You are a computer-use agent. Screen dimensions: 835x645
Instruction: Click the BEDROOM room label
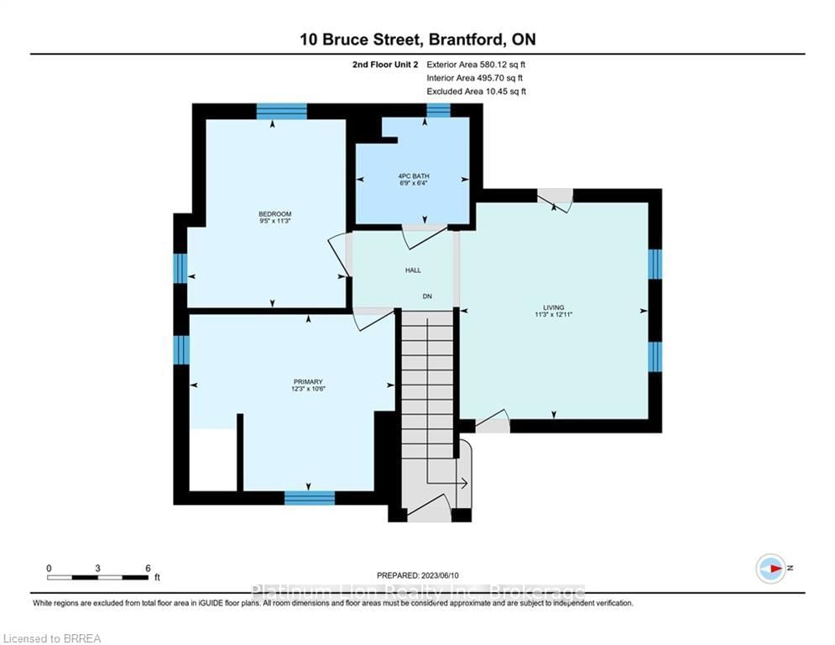point(274,214)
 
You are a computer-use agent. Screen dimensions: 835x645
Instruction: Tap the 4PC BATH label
point(413,176)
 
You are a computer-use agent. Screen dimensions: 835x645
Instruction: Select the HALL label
point(413,270)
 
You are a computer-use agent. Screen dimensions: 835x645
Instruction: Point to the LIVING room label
point(553,307)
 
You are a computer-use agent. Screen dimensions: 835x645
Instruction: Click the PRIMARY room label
point(308,381)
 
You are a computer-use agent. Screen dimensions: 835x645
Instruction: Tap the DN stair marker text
point(427,296)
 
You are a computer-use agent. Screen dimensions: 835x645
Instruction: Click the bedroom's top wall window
point(281,112)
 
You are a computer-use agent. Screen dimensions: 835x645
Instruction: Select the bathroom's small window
point(438,110)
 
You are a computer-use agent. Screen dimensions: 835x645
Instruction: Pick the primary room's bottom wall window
point(310,498)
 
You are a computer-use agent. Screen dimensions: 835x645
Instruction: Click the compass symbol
point(770,569)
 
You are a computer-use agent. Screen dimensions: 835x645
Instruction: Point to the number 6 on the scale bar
point(148,569)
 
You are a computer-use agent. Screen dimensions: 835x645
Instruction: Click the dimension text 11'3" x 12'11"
point(553,314)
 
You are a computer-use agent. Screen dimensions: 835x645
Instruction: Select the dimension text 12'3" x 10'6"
point(308,389)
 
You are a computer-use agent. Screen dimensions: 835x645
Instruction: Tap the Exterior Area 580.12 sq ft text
point(476,65)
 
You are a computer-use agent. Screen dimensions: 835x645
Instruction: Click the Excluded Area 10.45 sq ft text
point(476,92)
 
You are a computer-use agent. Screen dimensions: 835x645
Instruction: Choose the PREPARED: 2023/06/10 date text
point(418,575)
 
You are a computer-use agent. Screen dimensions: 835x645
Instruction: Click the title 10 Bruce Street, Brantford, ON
point(418,39)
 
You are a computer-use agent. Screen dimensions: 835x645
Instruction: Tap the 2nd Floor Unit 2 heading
point(385,65)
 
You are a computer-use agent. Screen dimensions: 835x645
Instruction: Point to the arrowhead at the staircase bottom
point(464,484)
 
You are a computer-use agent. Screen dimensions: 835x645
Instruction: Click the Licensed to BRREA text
point(52,638)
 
